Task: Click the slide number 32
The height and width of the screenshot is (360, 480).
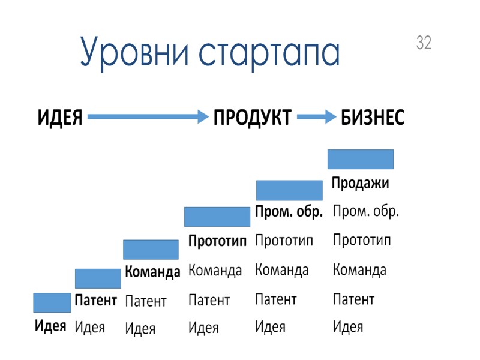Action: [x=424, y=43]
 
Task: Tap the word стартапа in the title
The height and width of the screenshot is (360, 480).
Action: [x=269, y=53]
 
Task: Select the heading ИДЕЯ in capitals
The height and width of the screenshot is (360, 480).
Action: [x=60, y=118]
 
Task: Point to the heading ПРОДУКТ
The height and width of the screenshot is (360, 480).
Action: [x=253, y=118]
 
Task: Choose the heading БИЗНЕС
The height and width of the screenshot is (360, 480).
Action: [x=373, y=118]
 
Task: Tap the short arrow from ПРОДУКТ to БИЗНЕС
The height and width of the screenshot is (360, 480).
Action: [x=316, y=118]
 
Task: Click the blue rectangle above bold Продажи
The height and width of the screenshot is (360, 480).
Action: [x=360, y=159]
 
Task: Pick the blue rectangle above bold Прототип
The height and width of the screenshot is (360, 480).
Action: [x=217, y=217]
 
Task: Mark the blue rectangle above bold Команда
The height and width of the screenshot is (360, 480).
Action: [x=151, y=250]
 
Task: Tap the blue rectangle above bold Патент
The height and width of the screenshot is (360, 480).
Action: [x=98, y=278]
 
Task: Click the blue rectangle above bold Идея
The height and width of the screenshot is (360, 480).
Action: [x=52, y=302]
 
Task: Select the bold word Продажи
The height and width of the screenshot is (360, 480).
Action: [x=361, y=184]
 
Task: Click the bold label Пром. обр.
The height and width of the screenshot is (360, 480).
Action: [x=289, y=212]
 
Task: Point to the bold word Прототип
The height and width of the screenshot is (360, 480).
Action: [x=218, y=241]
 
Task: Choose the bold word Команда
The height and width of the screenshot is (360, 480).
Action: [x=152, y=272]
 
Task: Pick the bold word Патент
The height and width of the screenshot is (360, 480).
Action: [x=95, y=301]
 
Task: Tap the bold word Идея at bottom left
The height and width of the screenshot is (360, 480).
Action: [x=50, y=326]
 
